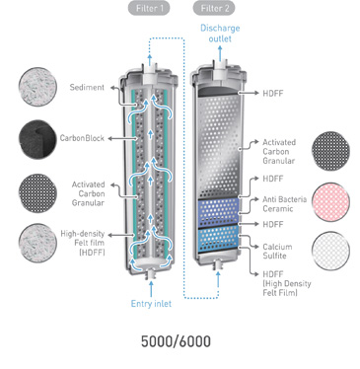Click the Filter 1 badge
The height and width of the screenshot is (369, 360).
point(149,9)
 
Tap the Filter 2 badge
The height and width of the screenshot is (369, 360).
point(214,9)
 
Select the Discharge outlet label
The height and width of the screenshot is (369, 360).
point(220,34)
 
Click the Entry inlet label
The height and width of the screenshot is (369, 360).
point(151,303)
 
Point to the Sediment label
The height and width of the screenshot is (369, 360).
point(87,87)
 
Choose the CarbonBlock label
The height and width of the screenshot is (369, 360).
point(82,138)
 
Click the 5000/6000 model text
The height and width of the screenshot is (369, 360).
point(176,341)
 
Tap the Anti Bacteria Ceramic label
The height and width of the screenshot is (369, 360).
point(284,204)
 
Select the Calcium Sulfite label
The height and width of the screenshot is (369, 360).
point(277,252)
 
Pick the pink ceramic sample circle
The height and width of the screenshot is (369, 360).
point(330,201)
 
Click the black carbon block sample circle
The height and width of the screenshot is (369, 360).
point(37,140)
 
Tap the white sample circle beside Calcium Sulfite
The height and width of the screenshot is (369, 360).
point(330,251)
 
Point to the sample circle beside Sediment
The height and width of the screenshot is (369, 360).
point(37,87)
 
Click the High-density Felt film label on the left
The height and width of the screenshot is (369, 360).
point(83,243)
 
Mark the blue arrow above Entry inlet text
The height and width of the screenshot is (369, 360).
point(151,288)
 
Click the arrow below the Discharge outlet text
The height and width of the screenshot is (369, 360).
point(220,53)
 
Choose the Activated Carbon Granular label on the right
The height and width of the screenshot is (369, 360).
point(279,152)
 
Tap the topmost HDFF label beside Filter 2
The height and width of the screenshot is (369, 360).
point(272,93)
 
